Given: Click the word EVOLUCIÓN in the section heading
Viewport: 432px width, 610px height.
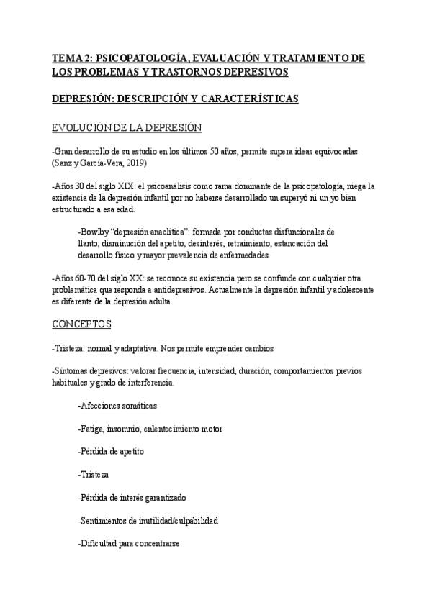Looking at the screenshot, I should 82,127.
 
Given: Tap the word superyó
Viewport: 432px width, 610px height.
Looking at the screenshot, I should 269,197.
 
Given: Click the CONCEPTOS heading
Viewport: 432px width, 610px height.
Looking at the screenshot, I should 82,324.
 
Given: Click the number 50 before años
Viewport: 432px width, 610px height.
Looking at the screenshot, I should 225,152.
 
